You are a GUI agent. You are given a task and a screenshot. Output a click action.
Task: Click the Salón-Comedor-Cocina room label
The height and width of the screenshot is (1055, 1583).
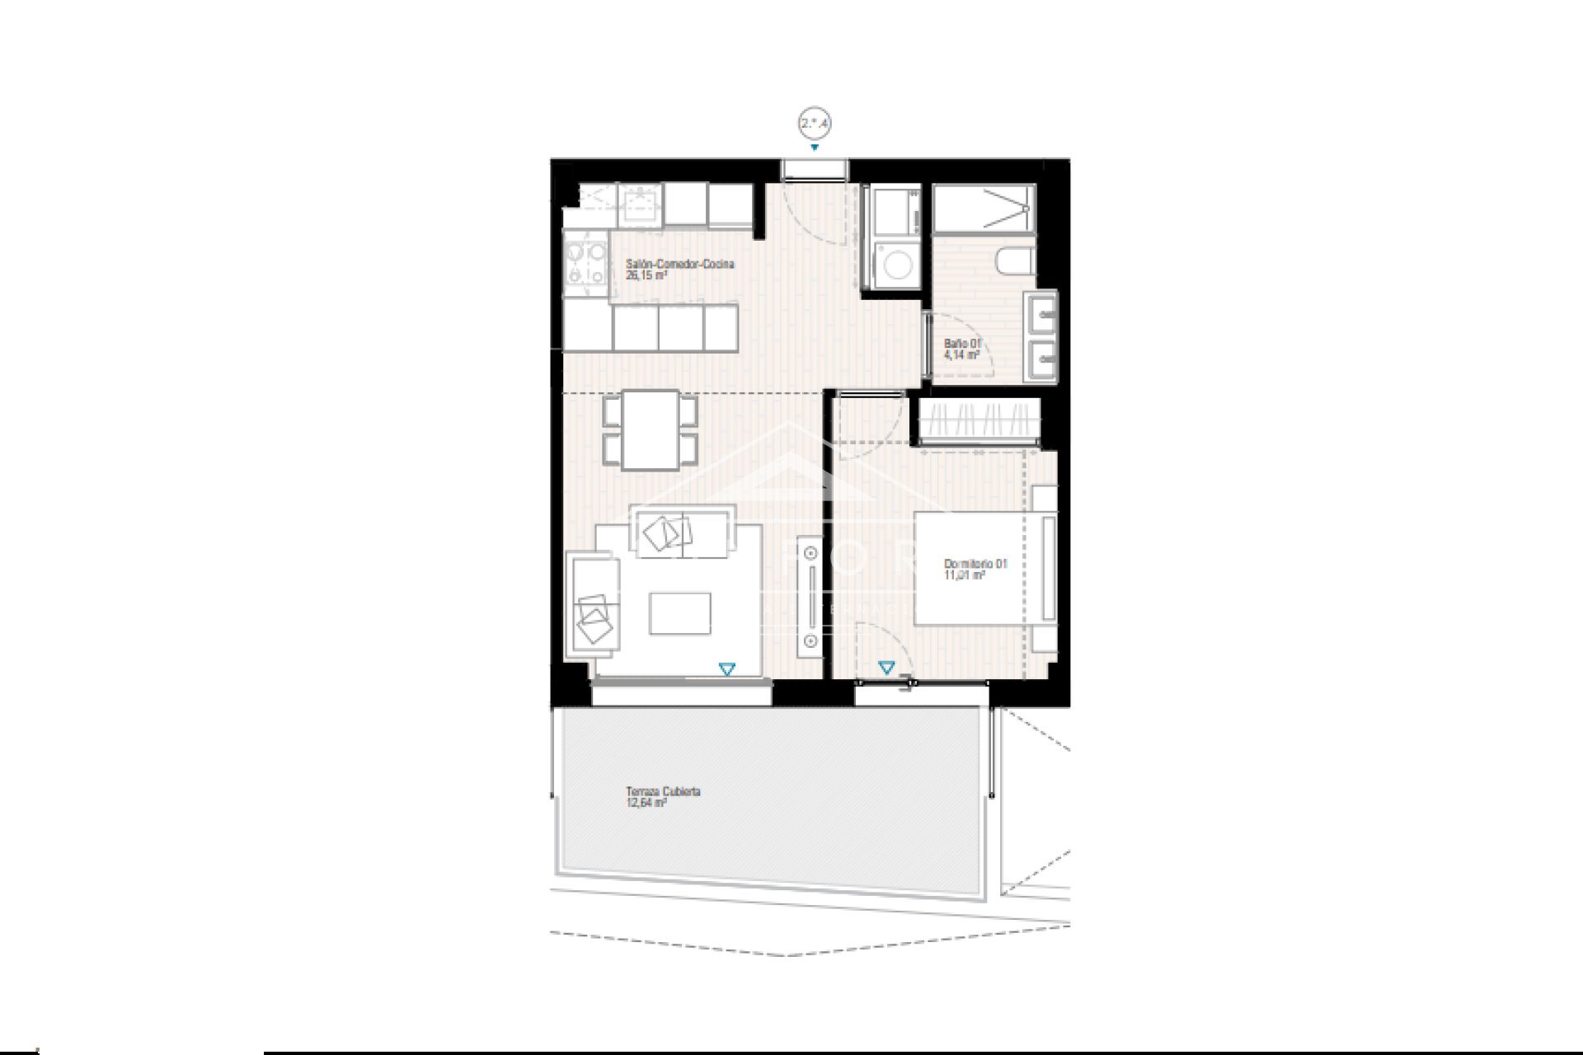(x=679, y=265)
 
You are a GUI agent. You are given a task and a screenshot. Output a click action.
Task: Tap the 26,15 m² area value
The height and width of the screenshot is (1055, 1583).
(x=646, y=275)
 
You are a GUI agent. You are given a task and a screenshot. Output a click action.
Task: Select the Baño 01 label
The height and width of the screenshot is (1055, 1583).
(x=962, y=344)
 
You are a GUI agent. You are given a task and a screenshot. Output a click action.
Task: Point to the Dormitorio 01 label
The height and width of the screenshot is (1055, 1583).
(x=975, y=565)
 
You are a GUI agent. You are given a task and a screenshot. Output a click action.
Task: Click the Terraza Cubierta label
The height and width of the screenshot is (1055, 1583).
(x=663, y=791)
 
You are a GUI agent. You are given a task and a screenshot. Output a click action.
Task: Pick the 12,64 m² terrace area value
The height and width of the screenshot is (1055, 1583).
(x=646, y=802)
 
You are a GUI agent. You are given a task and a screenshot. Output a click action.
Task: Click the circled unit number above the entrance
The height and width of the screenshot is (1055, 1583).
(x=814, y=124)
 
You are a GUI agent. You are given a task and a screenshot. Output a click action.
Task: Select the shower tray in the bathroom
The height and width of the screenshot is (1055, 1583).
(x=983, y=206)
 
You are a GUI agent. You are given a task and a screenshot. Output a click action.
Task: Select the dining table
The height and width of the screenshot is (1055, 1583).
(x=650, y=429)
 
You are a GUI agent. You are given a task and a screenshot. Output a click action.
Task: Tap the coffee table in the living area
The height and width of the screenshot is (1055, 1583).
(x=679, y=614)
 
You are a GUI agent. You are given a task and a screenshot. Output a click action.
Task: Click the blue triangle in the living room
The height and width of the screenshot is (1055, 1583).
(x=726, y=669)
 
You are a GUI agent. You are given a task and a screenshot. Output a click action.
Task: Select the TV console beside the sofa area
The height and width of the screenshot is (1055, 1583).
(x=810, y=596)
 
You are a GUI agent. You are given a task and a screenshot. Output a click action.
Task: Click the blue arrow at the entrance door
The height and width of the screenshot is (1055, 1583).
(x=815, y=148)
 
